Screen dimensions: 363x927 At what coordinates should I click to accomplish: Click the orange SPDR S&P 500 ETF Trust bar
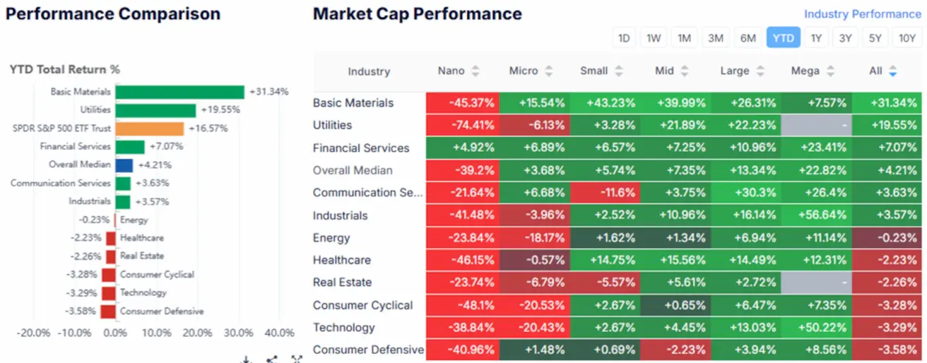[x=150, y=129]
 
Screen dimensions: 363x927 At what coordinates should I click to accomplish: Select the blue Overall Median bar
[x=124, y=165]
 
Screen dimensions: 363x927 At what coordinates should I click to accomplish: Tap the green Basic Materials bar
[x=179, y=92]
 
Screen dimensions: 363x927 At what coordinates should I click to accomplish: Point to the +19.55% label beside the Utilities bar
[x=220, y=110]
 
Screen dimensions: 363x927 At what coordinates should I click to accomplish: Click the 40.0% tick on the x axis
[x=279, y=333]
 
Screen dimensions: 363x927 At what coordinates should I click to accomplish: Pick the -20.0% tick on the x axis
[x=33, y=333]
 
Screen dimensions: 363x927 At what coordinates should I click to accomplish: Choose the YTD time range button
[x=783, y=38]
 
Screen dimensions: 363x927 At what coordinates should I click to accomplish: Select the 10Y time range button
[x=907, y=38]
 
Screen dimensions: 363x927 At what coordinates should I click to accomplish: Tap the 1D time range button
[x=624, y=38]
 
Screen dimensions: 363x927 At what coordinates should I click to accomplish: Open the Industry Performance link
[x=862, y=14]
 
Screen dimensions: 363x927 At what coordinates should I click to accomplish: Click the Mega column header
[x=805, y=71]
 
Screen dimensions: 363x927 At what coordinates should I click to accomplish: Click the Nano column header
[x=451, y=71]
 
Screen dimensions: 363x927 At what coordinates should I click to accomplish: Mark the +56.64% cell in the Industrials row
[x=816, y=215]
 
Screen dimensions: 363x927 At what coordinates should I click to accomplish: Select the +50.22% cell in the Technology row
[x=816, y=328]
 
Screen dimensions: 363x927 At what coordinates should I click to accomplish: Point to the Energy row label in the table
[x=331, y=238]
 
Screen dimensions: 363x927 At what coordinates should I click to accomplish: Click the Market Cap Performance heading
[x=417, y=14]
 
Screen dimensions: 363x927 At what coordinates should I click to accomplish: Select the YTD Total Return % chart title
[x=64, y=69]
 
